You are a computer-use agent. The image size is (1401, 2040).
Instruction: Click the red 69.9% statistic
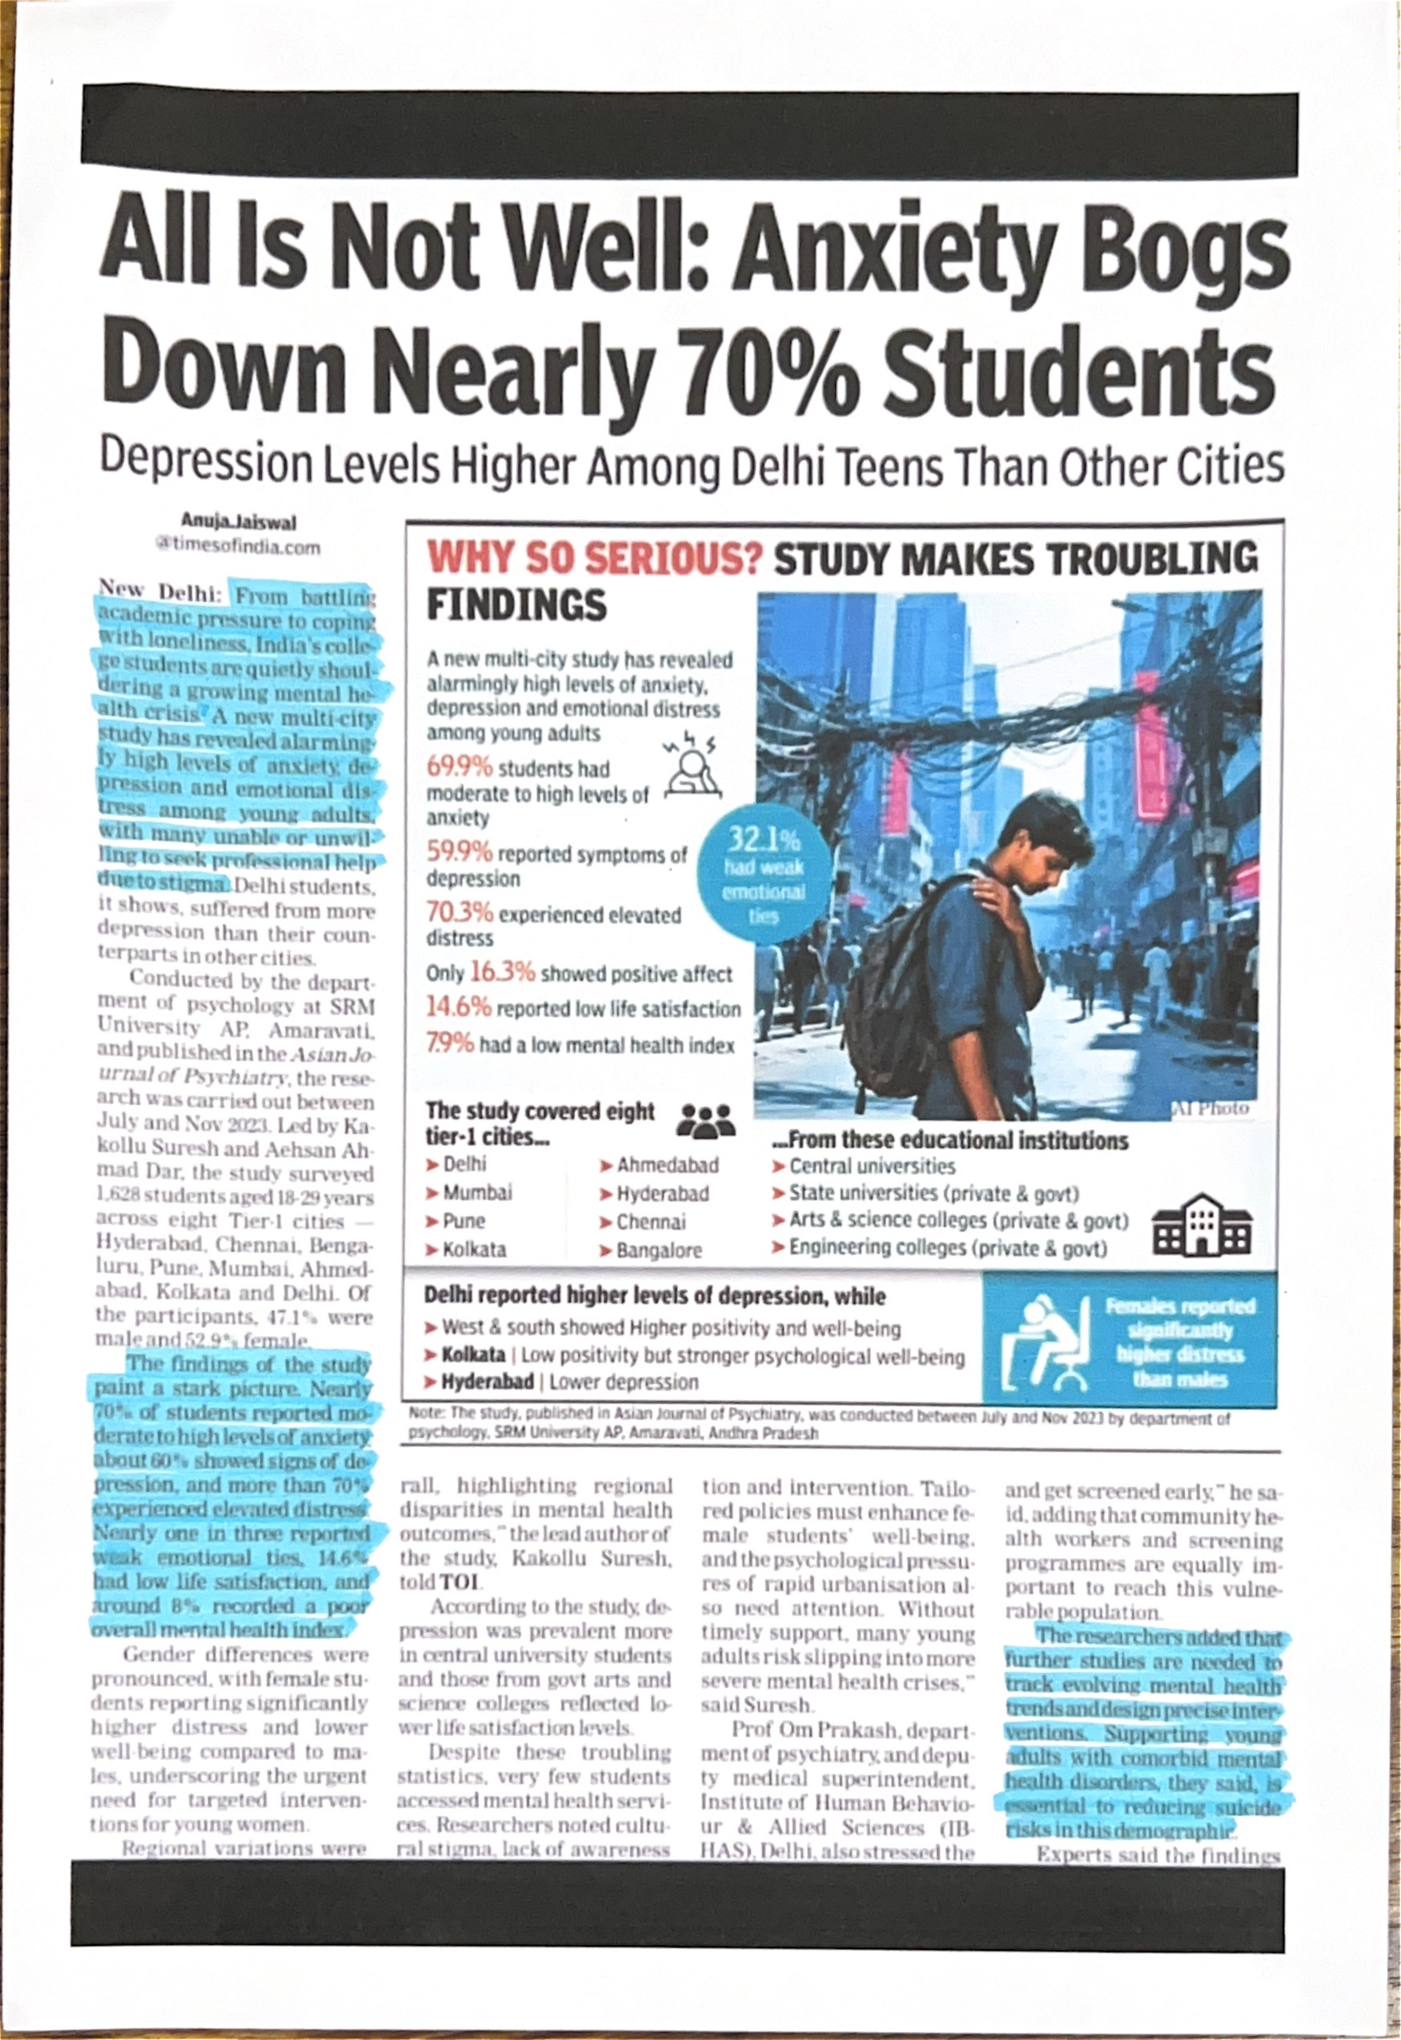click(x=459, y=767)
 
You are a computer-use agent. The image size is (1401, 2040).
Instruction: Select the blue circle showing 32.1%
click(x=764, y=874)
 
